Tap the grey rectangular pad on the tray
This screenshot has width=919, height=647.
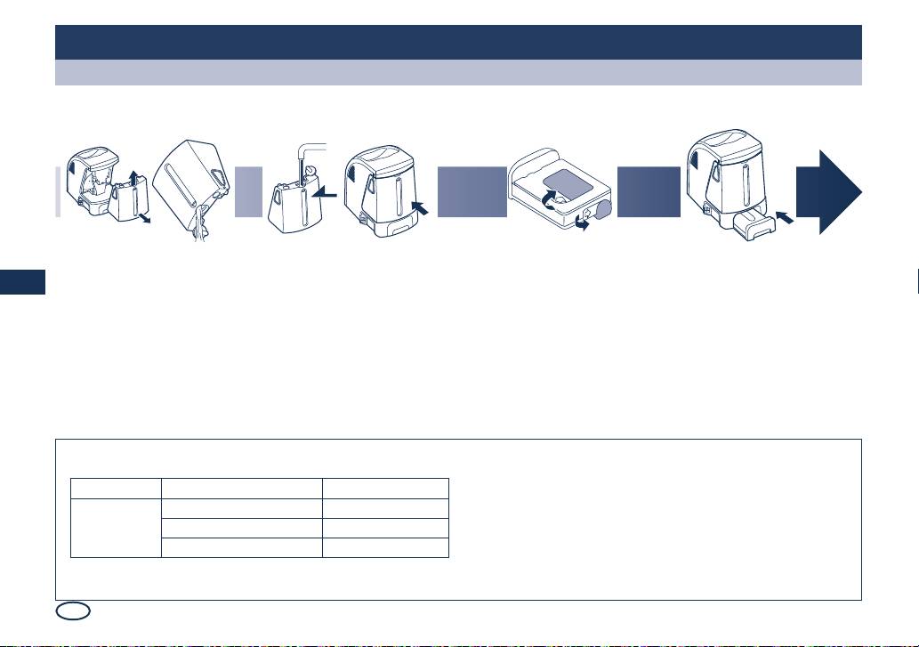(x=563, y=185)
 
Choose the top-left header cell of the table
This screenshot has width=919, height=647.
(x=116, y=488)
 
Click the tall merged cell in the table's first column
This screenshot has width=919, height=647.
(x=116, y=527)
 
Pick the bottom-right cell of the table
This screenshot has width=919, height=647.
(x=385, y=546)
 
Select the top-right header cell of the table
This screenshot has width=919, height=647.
(x=385, y=488)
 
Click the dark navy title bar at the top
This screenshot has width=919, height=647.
(x=458, y=42)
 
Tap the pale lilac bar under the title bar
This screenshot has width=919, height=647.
(x=458, y=73)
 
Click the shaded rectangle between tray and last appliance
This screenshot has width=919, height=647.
(x=649, y=190)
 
